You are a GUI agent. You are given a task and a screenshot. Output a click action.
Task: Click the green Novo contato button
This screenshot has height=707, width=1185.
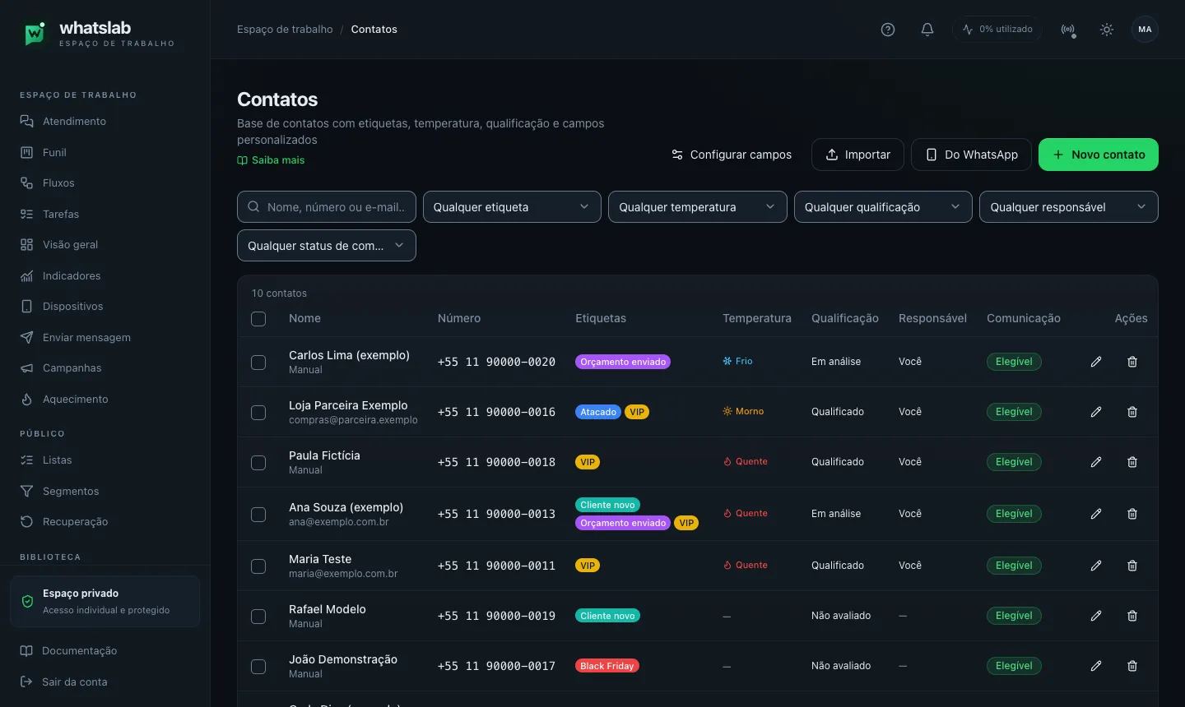click(x=1099, y=155)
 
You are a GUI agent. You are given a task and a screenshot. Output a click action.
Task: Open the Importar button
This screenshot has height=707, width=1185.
click(x=857, y=155)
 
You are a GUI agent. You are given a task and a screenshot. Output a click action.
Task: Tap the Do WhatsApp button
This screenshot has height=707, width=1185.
click(x=971, y=155)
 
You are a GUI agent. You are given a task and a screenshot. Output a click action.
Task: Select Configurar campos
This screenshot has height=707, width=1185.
click(x=732, y=155)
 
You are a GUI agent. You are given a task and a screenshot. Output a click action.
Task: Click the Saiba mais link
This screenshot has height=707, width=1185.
click(x=271, y=160)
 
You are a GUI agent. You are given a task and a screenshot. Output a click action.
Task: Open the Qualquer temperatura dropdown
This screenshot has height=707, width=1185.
click(x=697, y=206)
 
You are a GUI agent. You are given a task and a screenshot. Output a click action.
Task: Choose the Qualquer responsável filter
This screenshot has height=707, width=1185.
click(x=1069, y=206)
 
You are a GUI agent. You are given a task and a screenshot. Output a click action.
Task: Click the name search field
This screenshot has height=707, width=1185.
click(x=327, y=206)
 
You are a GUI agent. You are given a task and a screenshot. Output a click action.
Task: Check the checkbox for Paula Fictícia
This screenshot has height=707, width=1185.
click(x=258, y=462)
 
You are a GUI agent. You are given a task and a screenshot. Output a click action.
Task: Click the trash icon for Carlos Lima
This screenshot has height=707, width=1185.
click(x=1132, y=362)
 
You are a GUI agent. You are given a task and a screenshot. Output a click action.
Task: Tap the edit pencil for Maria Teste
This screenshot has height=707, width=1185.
click(x=1096, y=566)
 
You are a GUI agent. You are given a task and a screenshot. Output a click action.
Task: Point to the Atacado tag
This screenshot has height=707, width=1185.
click(x=597, y=412)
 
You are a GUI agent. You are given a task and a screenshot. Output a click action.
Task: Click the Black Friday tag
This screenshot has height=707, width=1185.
click(x=606, y=666)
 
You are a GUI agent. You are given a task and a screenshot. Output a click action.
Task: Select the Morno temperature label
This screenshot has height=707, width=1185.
click(x=743, y=411)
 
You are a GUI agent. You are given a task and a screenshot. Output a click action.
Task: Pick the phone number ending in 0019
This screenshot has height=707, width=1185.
click(x=496, y=616)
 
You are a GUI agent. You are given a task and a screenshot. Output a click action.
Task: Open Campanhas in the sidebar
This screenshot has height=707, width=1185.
click(x=72, y=367)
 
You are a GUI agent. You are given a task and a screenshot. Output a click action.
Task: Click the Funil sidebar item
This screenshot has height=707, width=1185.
click(x=54, y=152)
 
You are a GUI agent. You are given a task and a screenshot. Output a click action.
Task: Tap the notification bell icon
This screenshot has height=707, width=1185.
click(x=927, y=29)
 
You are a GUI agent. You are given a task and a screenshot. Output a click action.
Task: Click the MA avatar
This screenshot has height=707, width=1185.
click(x=1145, y=29)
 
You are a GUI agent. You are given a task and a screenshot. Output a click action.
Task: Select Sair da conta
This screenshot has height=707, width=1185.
click(x=75, y=682)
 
